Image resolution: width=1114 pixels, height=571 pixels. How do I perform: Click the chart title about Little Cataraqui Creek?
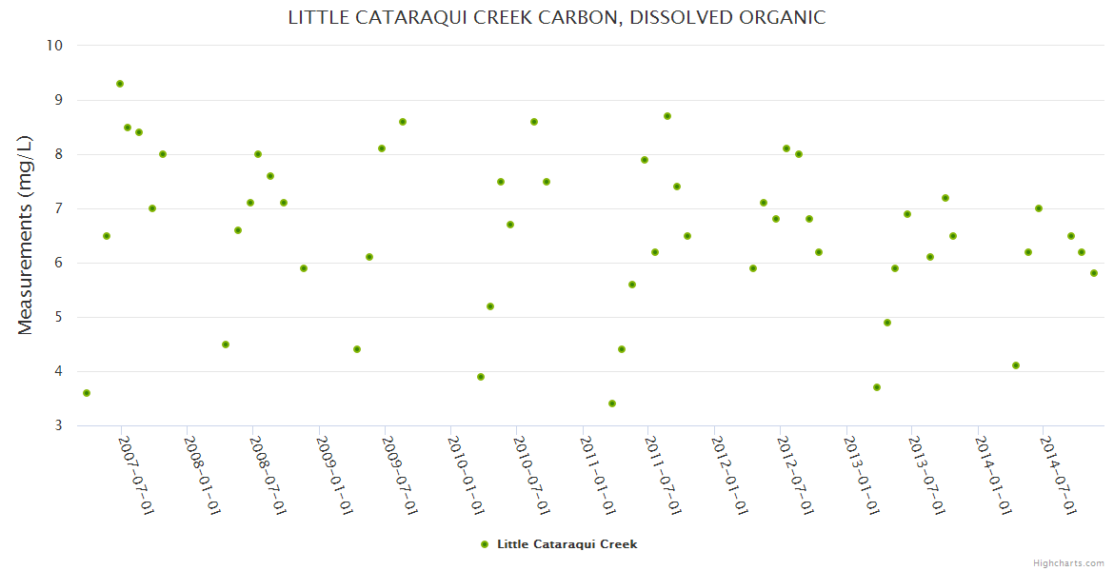556,17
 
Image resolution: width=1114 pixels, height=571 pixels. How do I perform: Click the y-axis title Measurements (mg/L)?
26,235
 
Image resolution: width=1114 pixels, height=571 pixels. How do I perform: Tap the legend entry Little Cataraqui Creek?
567,544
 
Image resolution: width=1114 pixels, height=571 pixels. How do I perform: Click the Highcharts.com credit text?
1068,562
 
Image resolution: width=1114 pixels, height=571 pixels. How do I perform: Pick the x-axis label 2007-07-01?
136,475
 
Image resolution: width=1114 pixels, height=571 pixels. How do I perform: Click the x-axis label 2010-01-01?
466,475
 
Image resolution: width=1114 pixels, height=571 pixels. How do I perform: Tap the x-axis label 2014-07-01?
1058,475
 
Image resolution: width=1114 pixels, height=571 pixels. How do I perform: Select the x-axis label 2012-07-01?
795,475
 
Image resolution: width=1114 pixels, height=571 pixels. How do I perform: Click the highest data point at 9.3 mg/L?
120,84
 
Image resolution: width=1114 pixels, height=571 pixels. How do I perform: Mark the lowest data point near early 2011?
612,404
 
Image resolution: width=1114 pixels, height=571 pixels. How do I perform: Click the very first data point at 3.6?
87,393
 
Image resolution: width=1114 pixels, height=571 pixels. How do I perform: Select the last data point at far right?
1094,273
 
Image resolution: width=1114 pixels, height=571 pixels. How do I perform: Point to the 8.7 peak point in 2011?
667,116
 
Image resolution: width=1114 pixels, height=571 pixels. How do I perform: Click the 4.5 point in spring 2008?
226,345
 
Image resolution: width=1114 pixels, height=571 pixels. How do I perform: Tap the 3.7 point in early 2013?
877,387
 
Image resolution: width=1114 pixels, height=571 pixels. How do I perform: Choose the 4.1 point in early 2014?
1016,365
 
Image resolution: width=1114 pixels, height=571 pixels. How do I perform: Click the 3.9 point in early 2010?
481,377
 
